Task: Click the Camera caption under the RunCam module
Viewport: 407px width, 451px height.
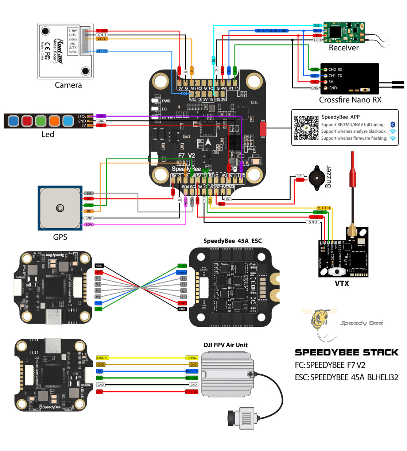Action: point(68,85)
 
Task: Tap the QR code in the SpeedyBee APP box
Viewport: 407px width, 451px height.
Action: point(306,128)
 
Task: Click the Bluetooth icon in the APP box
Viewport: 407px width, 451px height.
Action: point(392,125)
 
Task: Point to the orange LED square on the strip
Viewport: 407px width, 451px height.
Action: point(54,121)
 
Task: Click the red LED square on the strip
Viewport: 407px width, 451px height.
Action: point(27,121)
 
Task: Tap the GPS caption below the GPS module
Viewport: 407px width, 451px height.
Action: point(60,237)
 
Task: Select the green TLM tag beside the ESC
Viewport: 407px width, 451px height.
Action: point(182,266)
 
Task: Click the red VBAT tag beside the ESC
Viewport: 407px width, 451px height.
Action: point(182,303)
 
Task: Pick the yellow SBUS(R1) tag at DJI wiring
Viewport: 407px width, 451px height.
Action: point(102,358)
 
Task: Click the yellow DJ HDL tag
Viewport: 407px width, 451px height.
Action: point(192,358)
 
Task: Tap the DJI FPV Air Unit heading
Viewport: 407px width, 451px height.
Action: point(225,345)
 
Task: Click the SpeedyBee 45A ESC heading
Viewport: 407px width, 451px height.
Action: point(232,241)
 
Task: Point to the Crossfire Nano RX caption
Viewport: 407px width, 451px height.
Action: point(350,100)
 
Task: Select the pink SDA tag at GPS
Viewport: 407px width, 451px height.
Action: point(89,225)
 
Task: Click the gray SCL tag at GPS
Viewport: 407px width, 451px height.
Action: point(89,193)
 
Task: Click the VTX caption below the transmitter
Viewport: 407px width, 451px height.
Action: point(342,283)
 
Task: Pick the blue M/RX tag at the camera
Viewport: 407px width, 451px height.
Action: point(102,51)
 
